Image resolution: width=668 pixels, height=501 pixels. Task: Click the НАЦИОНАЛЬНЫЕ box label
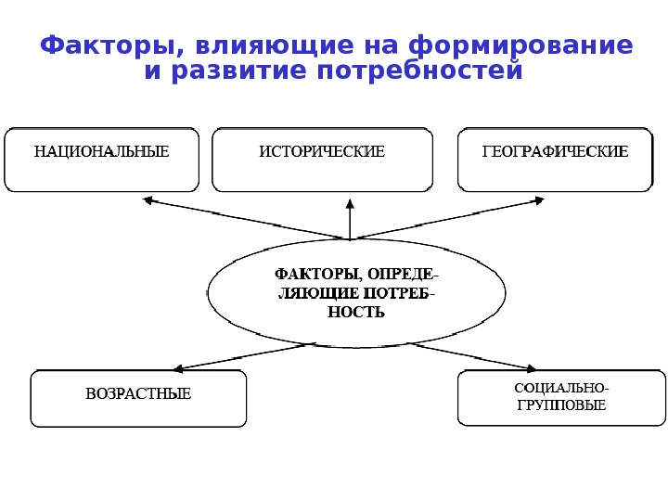(102, 151)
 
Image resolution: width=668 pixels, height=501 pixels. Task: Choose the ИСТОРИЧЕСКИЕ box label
(322, 151)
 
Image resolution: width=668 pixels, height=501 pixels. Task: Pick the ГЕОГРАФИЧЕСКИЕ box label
(555, 151)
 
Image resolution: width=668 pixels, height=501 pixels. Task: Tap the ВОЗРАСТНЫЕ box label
(138, 394)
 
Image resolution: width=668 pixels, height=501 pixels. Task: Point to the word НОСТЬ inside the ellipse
(356, 313)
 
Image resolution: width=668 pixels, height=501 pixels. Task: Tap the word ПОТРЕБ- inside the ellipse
(401, 294)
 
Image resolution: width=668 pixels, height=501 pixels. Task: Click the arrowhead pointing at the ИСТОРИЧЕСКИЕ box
(350, 203)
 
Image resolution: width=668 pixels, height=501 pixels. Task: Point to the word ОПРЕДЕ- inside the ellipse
(404, 275)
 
